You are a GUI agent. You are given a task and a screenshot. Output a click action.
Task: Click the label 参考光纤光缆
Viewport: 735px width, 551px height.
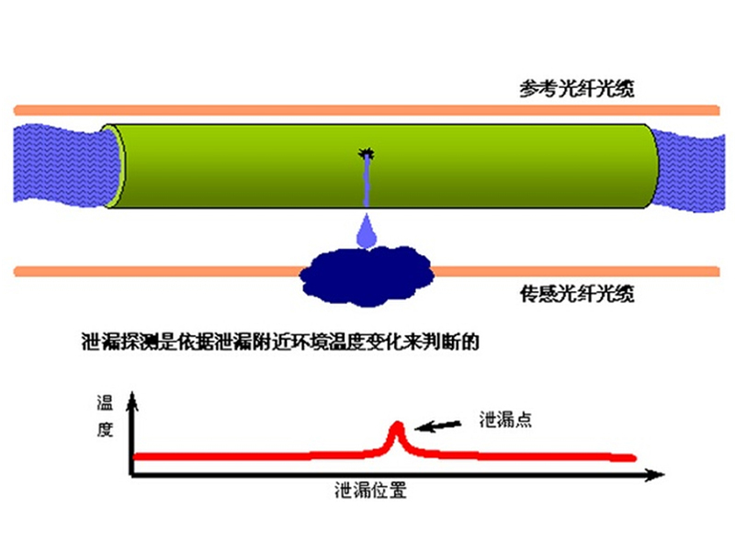coord(577,88)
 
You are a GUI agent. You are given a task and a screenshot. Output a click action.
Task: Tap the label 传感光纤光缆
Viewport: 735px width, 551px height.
coord(577,294)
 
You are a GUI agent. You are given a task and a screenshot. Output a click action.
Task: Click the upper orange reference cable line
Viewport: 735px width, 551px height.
coord(367,110)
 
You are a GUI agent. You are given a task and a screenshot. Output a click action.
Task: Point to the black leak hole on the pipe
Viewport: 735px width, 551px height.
coord(366,152)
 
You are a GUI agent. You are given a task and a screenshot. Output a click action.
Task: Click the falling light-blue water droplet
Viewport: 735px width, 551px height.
coord(366,231)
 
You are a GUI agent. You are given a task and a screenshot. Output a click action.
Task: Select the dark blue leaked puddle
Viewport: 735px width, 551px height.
coord(366,276)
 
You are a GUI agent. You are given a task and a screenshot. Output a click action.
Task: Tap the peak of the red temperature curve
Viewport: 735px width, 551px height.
coord(398,425)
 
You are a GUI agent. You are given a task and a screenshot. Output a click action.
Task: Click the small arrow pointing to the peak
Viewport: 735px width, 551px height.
coord(438,425)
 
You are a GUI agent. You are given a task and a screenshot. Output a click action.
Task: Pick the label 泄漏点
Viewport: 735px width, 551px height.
coord(505,420)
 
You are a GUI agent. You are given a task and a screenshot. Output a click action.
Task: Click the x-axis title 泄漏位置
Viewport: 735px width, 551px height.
coord(370,490)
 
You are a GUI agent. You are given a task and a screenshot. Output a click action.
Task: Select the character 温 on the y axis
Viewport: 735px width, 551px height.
coord(105,402)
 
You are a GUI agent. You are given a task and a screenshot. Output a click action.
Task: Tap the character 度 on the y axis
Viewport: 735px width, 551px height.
coord(105,430)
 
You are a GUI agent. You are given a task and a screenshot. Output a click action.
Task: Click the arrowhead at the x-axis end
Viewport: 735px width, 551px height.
coord(655,475)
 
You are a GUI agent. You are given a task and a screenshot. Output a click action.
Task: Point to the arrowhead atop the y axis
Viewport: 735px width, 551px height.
coord(132,401)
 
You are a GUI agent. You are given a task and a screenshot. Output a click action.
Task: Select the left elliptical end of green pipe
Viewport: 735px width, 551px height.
coord(114,166)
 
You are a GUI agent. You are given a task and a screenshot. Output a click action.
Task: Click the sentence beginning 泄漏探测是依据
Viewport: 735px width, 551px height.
coord(280,342)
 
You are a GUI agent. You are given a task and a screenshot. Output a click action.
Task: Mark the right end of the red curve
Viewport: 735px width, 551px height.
coord(633,457)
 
